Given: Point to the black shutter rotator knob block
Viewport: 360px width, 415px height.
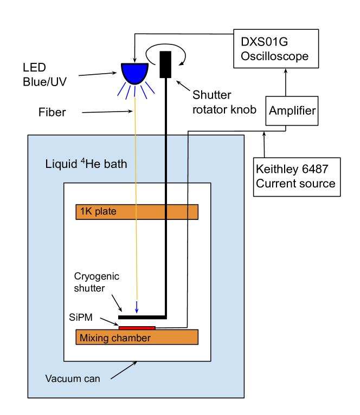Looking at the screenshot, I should (165, 64).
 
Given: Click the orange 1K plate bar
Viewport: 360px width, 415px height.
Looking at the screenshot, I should (137, 211).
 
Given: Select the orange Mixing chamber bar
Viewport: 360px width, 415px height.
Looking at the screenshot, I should (137, 337).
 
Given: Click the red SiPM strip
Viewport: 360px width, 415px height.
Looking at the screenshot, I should (137, 327).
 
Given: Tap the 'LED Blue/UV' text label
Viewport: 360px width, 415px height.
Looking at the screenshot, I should (41, 75).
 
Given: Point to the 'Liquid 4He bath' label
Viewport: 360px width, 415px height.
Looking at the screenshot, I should (86, 163).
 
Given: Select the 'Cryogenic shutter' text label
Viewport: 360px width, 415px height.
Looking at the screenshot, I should (97, 282).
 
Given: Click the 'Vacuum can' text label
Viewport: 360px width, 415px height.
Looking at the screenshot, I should (73, 379).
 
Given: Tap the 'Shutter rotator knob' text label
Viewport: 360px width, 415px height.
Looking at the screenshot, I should (223, 102).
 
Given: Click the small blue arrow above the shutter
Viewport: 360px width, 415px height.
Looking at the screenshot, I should (137, 307).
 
